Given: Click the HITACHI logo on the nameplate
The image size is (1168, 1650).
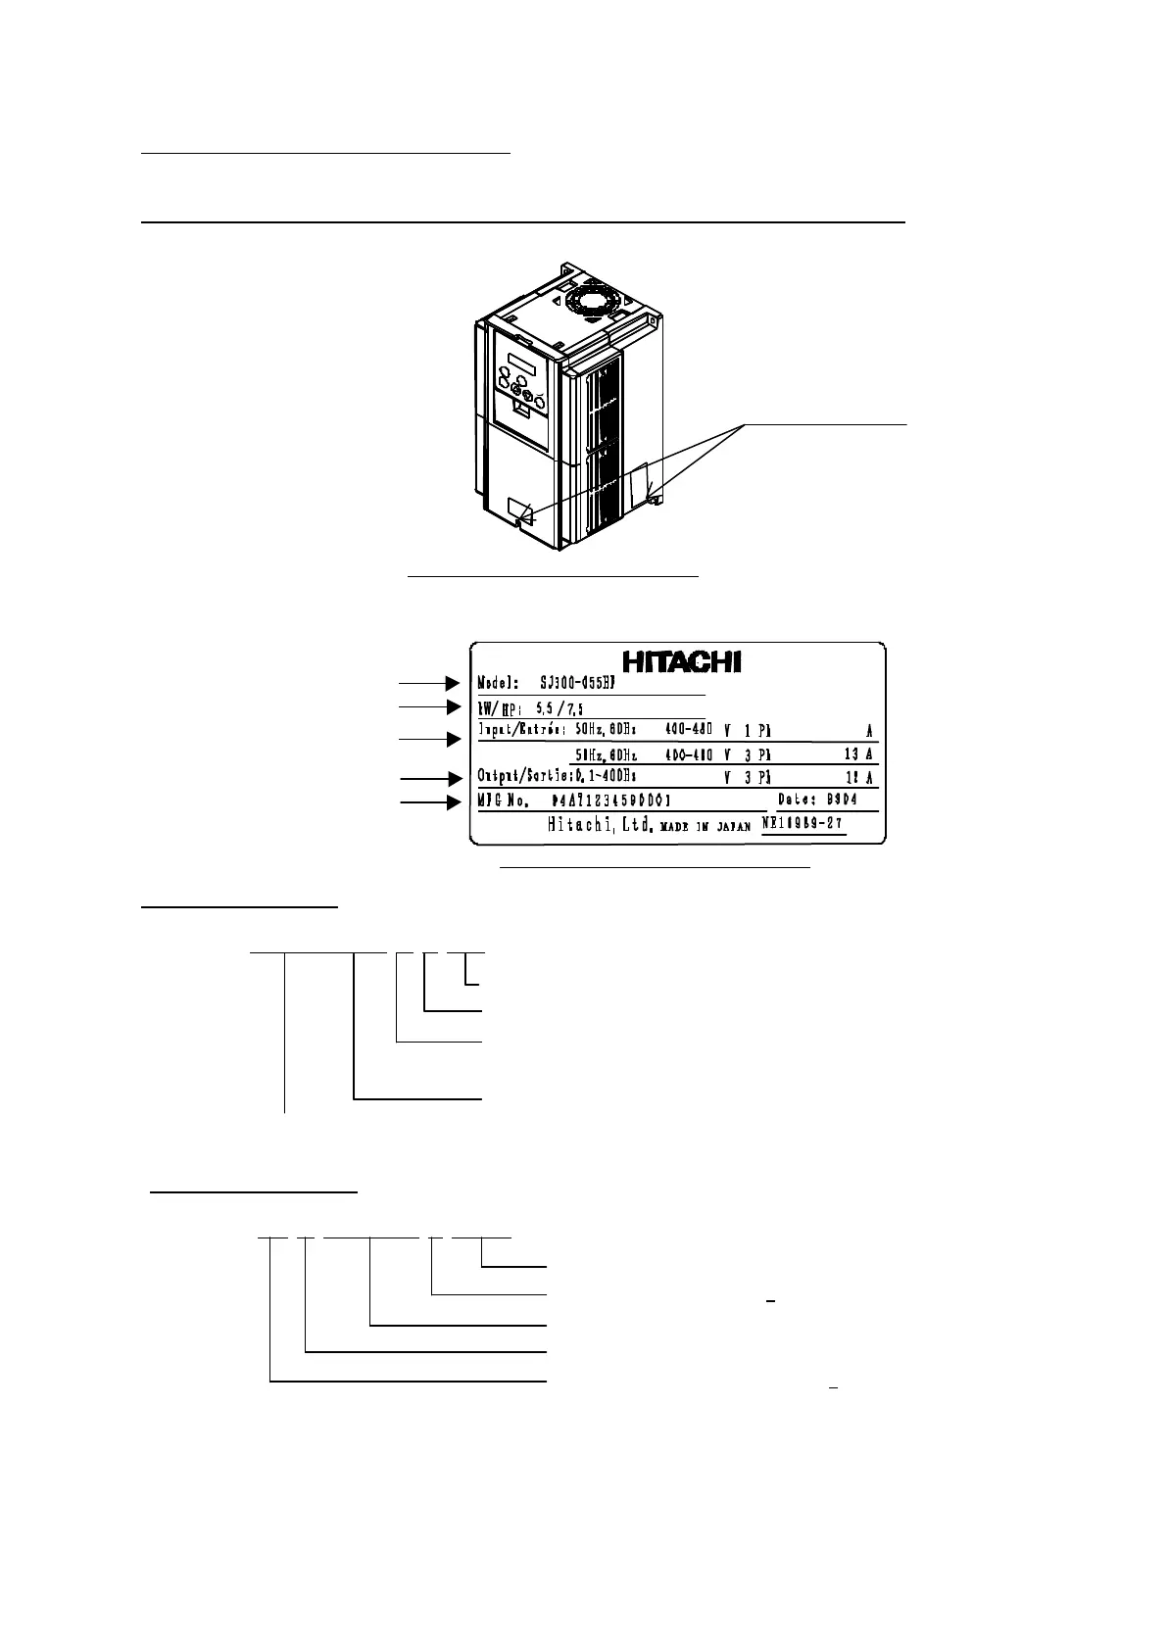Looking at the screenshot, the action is click(x=683, y=661).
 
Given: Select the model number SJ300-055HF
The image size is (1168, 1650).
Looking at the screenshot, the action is click(x=587, y=684).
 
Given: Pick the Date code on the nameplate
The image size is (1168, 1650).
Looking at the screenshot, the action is click(x=817, y=800).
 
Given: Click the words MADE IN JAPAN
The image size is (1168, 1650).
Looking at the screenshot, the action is click(x=705, y=826).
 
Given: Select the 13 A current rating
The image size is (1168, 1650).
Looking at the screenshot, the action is click(x=857, y=754).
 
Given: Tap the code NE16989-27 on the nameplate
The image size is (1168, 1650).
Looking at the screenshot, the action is click(x=803, y=825).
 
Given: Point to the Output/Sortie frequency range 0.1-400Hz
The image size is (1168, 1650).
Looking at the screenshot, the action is click(x=605, y=777).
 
